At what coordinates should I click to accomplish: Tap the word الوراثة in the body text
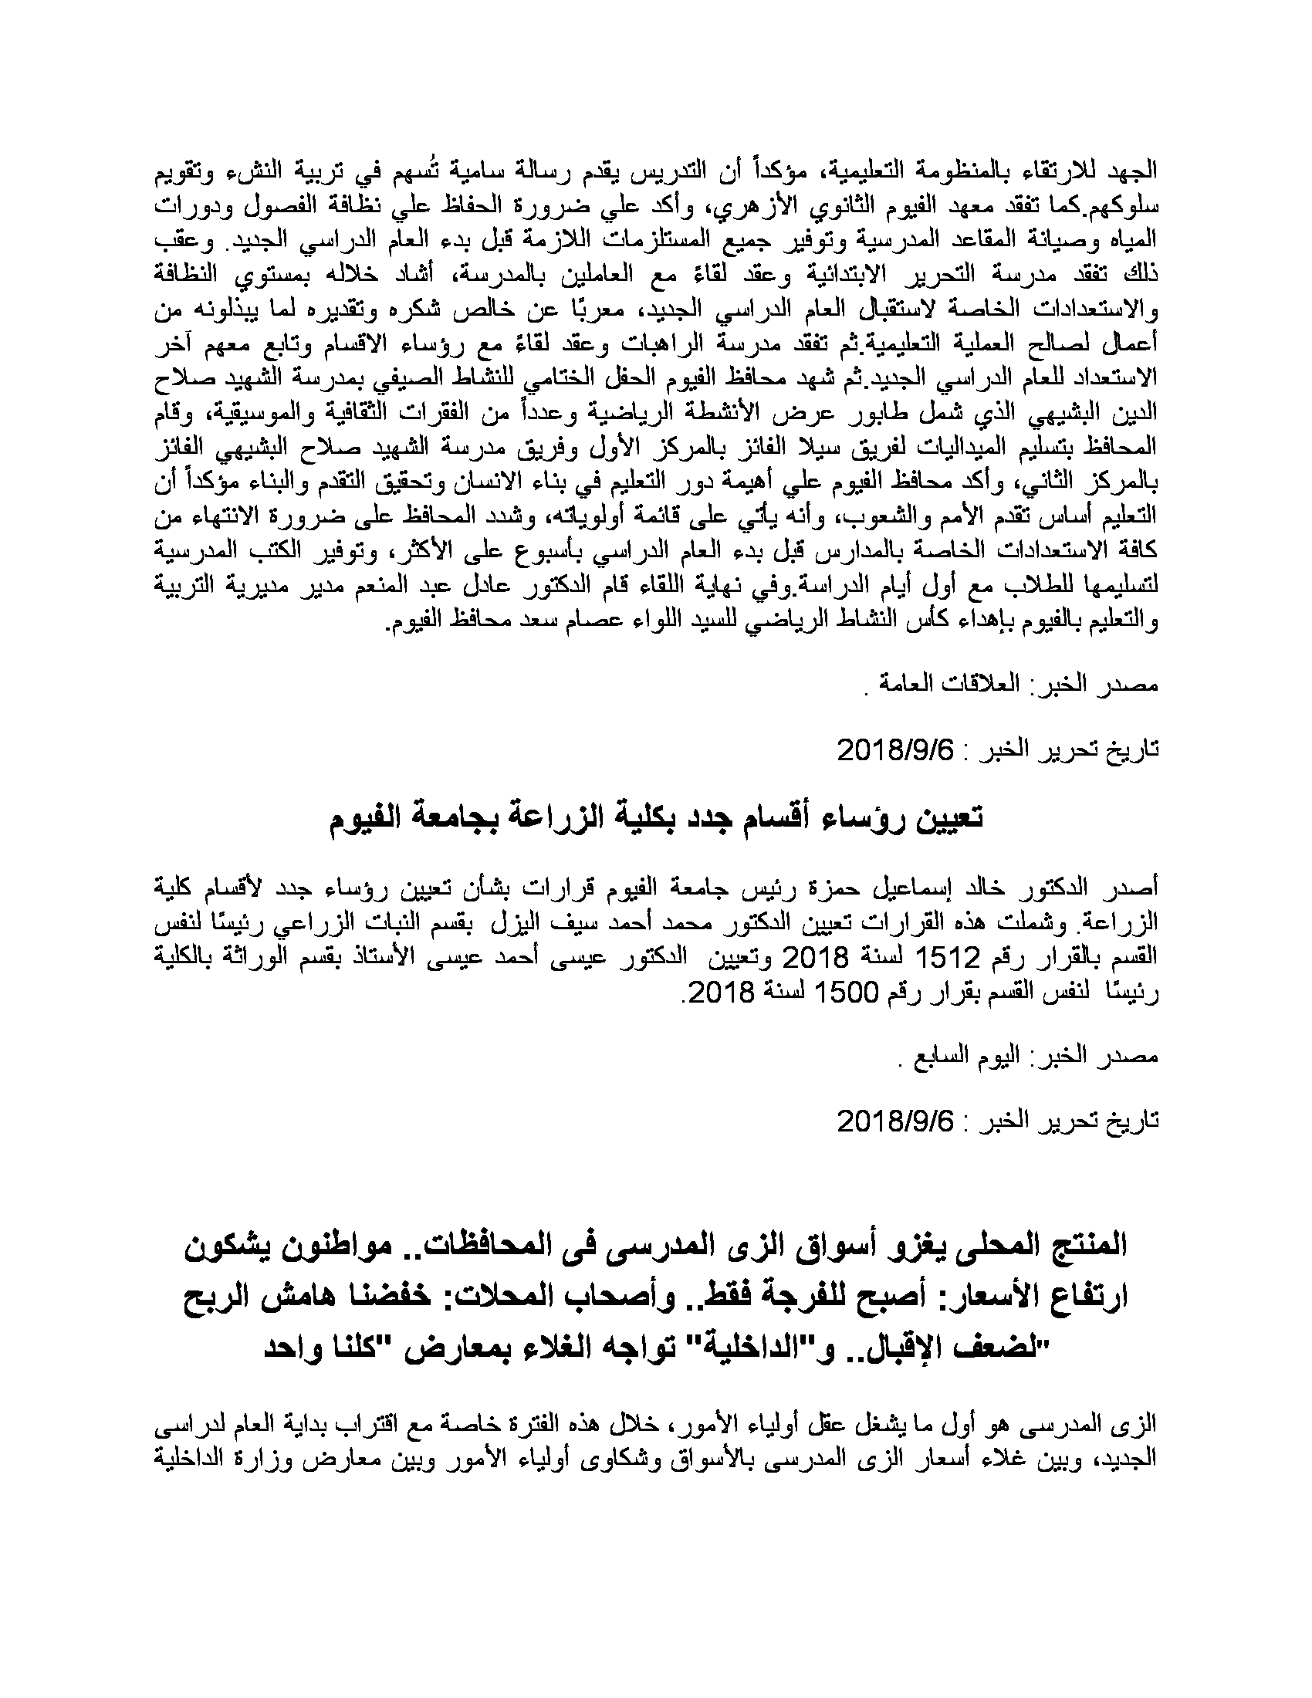coord(305,959)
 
